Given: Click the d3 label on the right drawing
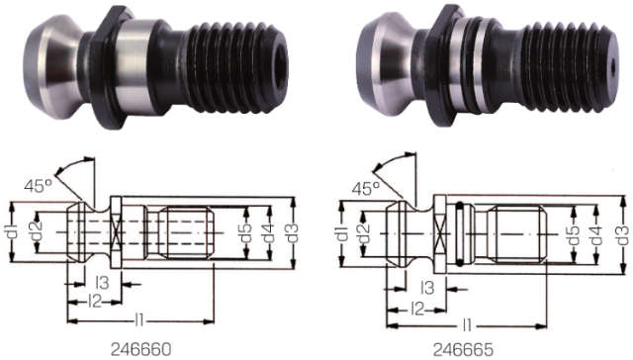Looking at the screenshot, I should pos(621,233).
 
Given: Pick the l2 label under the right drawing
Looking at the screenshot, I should pos(418,309).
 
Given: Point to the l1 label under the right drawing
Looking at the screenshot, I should pos(465,322).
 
